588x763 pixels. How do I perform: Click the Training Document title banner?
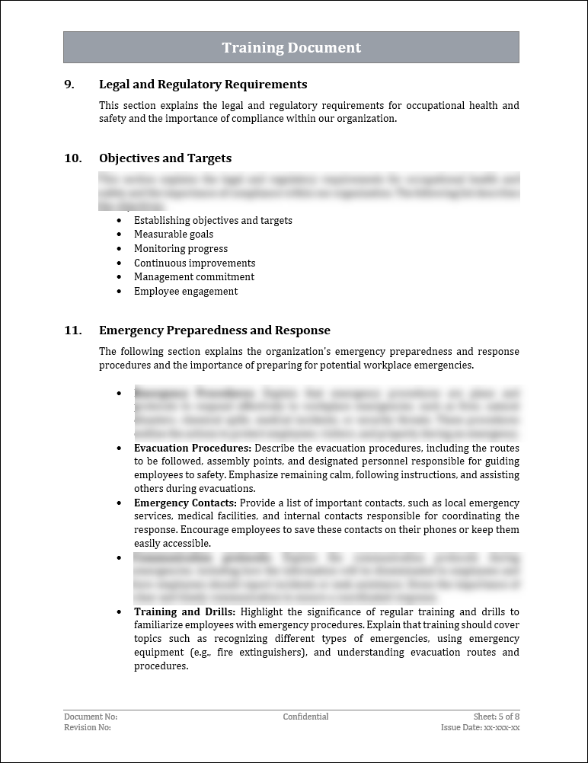(291, 47)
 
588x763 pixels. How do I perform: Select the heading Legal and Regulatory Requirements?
(203, 85)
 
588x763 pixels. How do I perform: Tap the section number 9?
(69, 85)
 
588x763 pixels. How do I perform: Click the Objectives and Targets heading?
(165, 158)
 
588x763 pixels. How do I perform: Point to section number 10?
(72, 158)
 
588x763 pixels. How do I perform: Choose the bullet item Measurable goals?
(174, 235)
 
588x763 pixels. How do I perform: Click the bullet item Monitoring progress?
(181, 249)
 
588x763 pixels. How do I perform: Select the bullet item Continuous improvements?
(194, 263)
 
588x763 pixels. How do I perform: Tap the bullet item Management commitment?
(194, 277)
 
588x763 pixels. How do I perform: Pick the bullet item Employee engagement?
(186, 292)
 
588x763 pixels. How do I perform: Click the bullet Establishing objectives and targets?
(213, 221)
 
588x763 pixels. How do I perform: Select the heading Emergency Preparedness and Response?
(215, 330)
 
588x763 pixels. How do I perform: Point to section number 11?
(72, 330)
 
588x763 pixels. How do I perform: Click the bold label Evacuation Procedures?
(193, 448)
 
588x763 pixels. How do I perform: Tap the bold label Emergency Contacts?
(185, 503)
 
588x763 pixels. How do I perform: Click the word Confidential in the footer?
(305, 717)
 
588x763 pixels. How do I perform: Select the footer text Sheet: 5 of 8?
(497, 717)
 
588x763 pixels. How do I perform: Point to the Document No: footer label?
(91, 717)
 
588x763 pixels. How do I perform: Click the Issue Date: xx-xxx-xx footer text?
(481, 727)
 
